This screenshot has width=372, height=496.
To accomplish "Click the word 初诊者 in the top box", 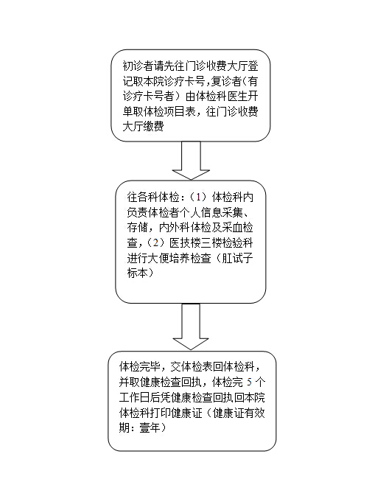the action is (x=138, y=66).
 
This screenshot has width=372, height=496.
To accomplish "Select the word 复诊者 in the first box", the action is (x=226, y=82).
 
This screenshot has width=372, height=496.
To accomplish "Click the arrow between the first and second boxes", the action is (x=191, y=161).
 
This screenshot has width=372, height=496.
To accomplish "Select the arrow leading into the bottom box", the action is (x=191, y=326).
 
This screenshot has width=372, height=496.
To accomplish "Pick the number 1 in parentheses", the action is (x=198, y=198).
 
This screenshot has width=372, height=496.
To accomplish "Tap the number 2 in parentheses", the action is (x=155, y=243).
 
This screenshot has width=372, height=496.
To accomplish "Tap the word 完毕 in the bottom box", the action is (x=150, y=367).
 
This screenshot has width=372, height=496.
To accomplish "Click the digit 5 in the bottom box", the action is (x=250, y=382).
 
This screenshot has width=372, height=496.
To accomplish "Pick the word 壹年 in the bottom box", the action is (x=150, y=428).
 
